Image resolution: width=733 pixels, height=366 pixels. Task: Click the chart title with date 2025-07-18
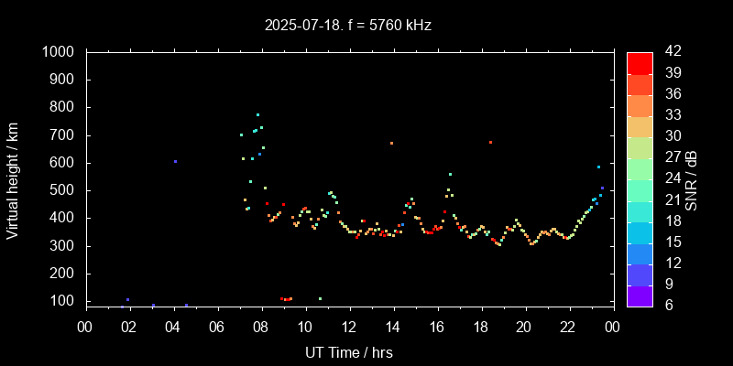pos(347,26)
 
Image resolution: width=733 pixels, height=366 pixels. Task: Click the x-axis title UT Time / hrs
pos(349,351)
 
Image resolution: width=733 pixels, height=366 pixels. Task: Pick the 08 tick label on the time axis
pos(261,327)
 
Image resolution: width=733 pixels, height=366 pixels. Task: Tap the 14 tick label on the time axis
pos(393,327)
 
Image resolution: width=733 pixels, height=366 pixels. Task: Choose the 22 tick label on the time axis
pos(568,327)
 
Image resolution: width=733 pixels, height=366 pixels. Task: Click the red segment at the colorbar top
pos(640,62)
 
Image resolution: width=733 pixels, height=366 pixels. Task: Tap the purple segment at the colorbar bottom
pos(640,296)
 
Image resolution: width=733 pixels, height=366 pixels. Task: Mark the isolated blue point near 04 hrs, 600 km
pos(175,162)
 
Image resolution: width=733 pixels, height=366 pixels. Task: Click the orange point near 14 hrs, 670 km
pos(391,143)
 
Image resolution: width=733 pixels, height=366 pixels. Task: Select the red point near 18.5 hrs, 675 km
pos(490,142)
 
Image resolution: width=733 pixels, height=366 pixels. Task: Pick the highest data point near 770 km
pos(257,114)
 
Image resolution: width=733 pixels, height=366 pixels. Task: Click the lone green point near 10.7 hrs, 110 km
pos(320,298)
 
